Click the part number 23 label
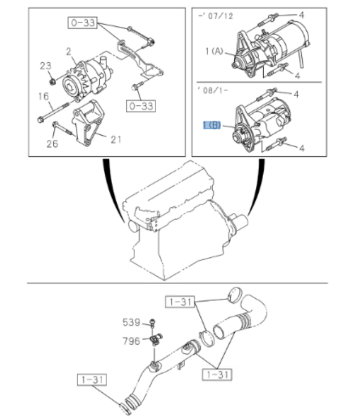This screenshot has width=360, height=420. tap(45, 66)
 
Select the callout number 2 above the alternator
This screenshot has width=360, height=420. tap(68, 52)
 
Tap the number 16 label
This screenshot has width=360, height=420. tap(44, 96)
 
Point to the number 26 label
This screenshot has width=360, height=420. tap(52, 144)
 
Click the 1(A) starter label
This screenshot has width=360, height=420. tap(215, 53)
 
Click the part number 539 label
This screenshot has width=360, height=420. tap(131, 323)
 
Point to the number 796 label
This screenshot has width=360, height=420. tap(131, 341)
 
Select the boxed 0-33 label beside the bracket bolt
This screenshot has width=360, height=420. tap(140, 105)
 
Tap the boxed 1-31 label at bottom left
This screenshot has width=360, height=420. tap(92, 379)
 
